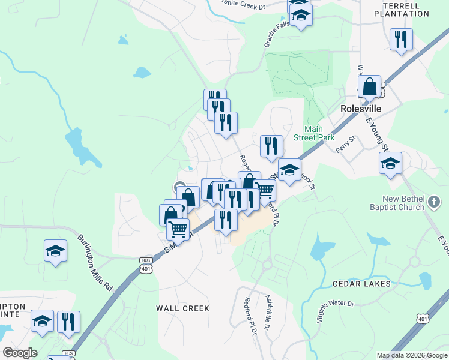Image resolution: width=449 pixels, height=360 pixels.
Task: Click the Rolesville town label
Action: pyautogui.click(x=362, y=109)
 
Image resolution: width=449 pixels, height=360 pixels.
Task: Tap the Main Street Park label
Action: pyautogui.click(x=313, y=133)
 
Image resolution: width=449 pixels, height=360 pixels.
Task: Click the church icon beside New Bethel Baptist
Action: pyautogui.click(x=434, y=203)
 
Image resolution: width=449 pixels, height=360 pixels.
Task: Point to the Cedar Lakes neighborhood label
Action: pyautogui.click(x=361, y=283)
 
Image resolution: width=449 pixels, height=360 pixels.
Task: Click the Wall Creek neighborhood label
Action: pyautogui.click(x=183, y=308)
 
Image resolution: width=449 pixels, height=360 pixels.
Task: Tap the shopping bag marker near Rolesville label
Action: pyautogui.click(x=370, y=87)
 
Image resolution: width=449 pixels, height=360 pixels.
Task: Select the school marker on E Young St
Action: pyautogui.click(x=390, y=163)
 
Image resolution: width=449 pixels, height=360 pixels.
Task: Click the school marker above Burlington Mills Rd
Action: pyautogui.click(x=55, y=251)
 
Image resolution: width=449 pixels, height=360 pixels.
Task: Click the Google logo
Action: pyautogui.click(x=19, y=353)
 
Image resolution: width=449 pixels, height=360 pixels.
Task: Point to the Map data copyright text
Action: pyautogui.click(x=411, y=355)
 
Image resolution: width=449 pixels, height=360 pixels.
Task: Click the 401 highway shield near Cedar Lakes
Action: pyautogui.click(x=424, y=319)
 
